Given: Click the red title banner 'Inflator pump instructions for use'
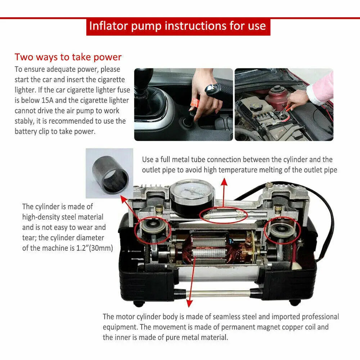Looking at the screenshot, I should (178, 26).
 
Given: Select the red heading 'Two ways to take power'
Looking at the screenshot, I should (68, 57).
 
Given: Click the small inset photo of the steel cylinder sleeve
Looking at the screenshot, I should (109, 173).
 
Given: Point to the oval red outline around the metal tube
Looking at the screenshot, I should (223, 215).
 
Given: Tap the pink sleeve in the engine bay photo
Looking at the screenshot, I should (322, 88).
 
